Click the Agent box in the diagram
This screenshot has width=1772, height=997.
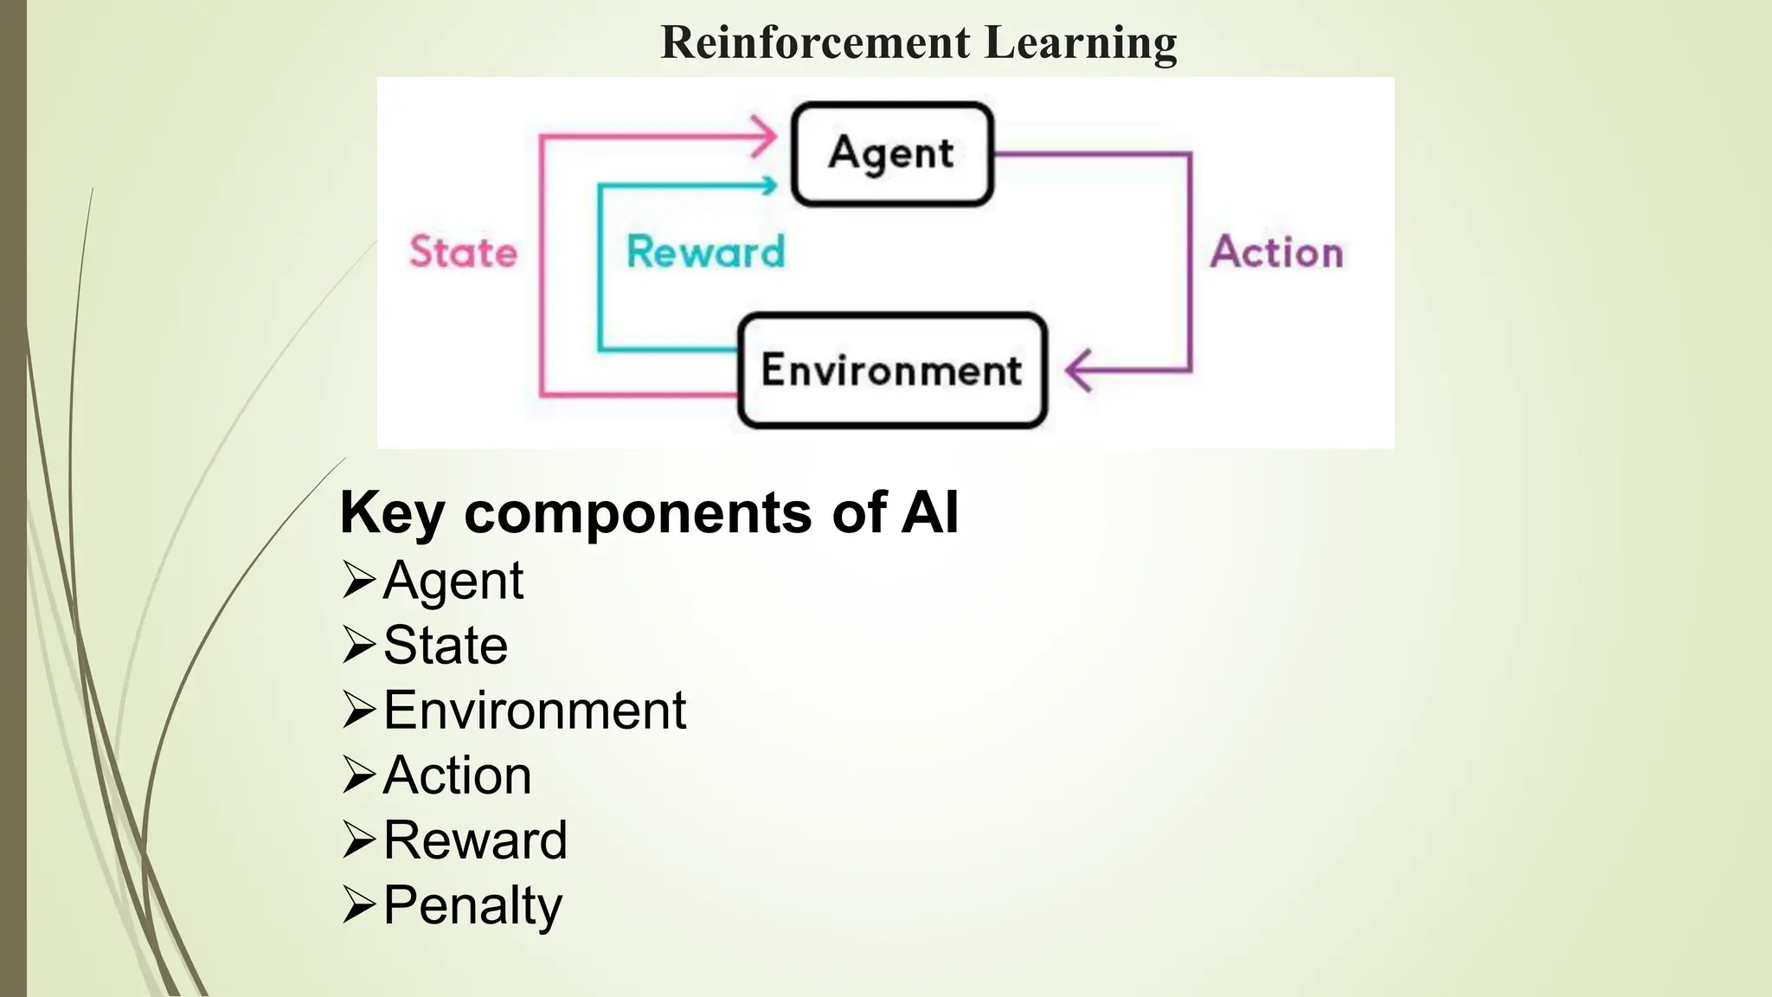tap(892, 154)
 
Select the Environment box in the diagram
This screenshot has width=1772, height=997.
tap(892, 370)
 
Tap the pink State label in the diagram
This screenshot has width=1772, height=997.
tap(463, 252)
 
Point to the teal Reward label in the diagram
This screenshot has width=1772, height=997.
tap(705, 252)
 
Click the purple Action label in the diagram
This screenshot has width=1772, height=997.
tap(1276, 252)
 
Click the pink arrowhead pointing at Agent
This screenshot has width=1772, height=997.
tap(765, 136)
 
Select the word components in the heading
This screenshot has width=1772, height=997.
tap(639, 512)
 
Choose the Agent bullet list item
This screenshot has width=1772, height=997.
tap(453, 580)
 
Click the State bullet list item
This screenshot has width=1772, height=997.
tap(445, 645)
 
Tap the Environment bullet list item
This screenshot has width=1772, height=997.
tap(535, 711)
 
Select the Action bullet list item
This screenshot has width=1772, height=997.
tap(457, 775)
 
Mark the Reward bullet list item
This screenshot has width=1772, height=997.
tap(475, 839)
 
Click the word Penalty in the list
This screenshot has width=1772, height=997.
tap(472, 905)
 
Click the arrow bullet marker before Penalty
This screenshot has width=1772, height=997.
tap(358, 905)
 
